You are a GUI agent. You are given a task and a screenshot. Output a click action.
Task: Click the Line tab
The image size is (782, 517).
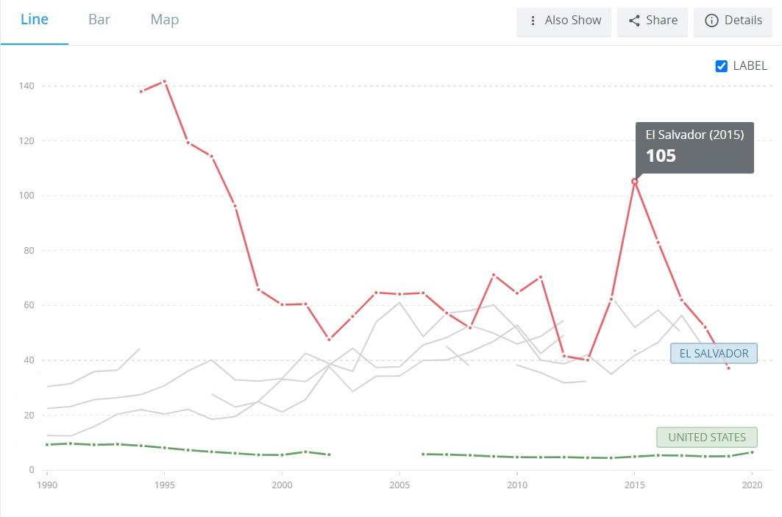tap(35, 19)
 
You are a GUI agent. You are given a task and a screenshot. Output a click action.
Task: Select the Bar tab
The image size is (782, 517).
tap(99, 19)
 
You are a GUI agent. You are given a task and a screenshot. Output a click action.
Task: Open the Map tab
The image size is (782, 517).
tap(165, 20)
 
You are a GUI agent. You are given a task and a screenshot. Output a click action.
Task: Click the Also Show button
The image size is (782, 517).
tap(564, 21)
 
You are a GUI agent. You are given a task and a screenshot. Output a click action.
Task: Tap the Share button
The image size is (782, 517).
tap(653, 21)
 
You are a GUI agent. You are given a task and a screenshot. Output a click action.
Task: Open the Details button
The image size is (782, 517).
tap(733, 21)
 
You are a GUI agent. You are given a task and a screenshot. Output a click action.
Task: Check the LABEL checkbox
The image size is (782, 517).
tap(721, 66)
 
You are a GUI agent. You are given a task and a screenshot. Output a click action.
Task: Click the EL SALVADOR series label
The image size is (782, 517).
tap(714, 354)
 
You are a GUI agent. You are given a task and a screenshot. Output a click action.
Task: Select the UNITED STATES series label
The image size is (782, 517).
tap(707, 438)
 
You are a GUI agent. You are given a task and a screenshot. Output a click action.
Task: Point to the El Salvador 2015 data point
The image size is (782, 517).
tap(634, 182)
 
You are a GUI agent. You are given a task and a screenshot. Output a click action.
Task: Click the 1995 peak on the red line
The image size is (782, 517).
tap(165, 81)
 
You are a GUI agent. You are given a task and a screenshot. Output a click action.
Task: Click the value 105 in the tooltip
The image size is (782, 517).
tap(661, 156)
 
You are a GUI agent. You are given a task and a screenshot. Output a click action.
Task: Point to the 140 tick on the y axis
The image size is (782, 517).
tap(26, 86)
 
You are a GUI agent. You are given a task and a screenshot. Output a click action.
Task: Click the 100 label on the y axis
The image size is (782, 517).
tap(26, 196)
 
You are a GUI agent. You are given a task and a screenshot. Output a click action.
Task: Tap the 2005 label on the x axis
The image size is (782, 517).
tap(399, 485)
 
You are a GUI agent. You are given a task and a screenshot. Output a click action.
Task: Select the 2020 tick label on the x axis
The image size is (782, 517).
tap(752, 485)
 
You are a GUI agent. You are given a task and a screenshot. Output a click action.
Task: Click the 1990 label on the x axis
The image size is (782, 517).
tap(47, 485)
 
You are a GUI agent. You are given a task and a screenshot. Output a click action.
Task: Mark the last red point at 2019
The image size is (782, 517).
tap(728, 368)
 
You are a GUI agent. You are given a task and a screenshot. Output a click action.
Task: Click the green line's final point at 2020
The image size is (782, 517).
tap(752, 452)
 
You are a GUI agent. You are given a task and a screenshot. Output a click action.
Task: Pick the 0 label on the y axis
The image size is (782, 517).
tap(32, 470)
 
